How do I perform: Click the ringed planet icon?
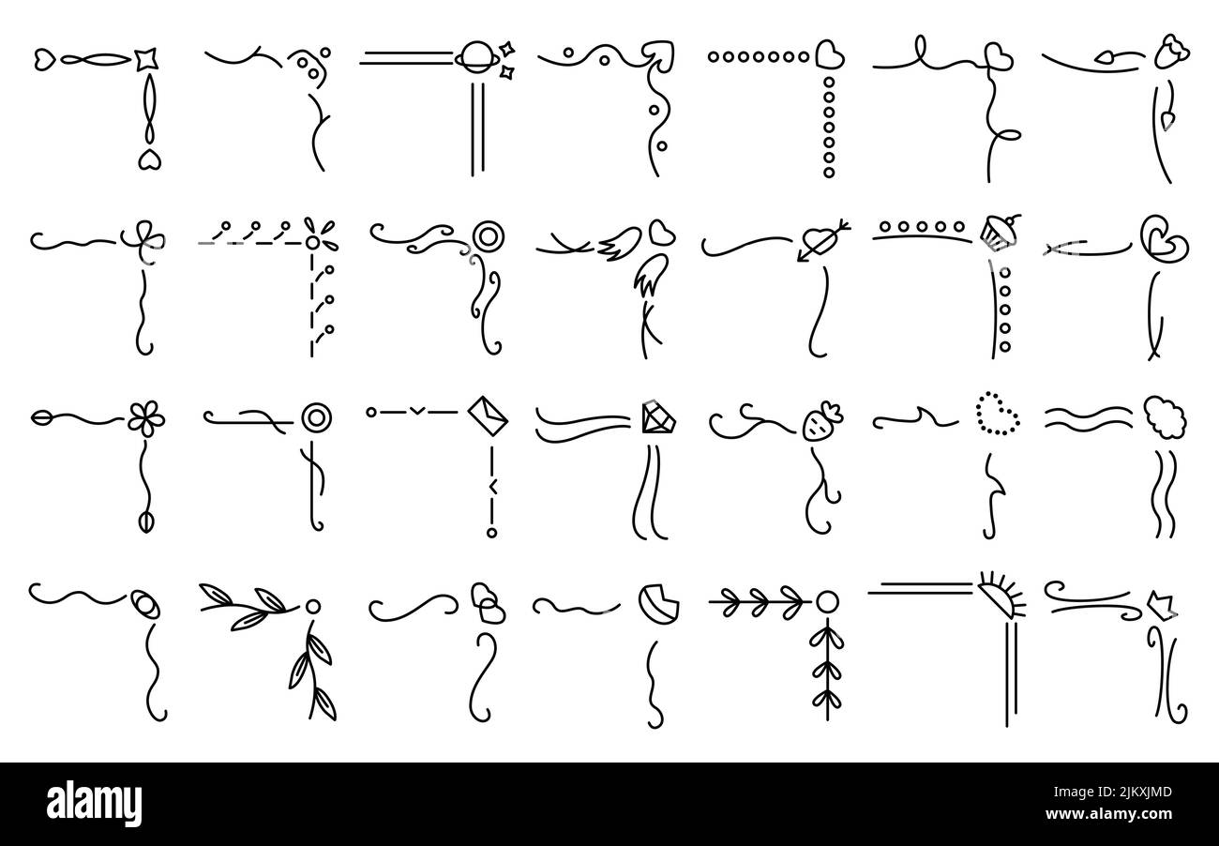tap(469, 58)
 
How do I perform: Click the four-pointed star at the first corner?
tap(144, 59)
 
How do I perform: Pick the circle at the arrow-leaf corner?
tap(826, 600)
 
